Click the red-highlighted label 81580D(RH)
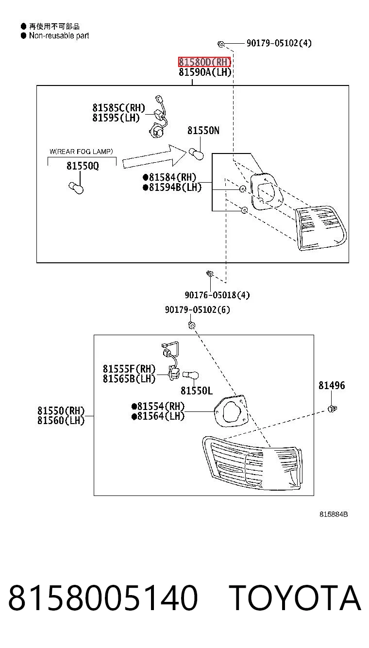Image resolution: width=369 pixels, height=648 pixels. click(204, 62)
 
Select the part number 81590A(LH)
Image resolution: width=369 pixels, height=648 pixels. click(205, 72)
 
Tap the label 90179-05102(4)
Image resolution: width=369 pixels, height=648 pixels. click(279, 43)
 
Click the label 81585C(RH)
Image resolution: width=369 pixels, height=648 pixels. click(119, 108)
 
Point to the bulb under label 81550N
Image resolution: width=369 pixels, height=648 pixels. click(196, 153)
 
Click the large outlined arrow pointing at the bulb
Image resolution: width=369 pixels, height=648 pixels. click(154, 156)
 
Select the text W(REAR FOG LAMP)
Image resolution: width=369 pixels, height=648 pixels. click(81, 151)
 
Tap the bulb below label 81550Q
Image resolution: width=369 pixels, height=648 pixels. click(76, 188)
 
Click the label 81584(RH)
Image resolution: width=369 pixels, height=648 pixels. click(169, 177)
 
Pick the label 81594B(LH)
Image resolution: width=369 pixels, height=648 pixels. click(172, 187)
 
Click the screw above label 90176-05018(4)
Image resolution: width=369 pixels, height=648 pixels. click(210, 273)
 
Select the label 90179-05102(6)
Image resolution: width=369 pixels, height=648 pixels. click(198, 310)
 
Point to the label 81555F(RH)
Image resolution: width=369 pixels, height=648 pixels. click(129, 369)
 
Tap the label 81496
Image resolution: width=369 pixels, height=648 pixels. click(332, 385)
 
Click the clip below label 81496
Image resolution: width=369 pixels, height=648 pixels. click(332, 409)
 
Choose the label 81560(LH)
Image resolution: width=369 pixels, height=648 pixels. click(61, 420)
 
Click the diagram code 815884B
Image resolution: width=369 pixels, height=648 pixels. click(334, 514)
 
